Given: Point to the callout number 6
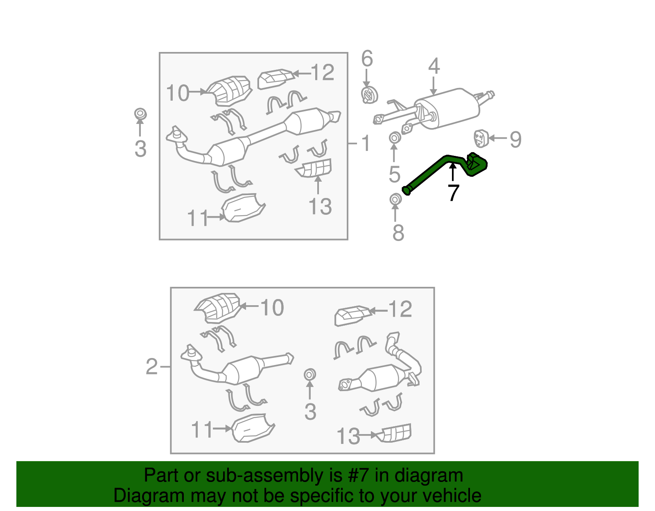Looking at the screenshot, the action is [x=367, y=59].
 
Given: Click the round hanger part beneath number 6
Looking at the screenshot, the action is [x=369, y=95].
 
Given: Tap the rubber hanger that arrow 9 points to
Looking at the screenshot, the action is [x=481, y=139].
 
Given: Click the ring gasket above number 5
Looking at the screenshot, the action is [x=394, y=138].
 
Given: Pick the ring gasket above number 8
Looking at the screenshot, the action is [x=395, y=199].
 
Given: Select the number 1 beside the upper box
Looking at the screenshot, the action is [x=366, y=143].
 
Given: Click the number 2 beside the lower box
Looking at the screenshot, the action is [x=151, y=367].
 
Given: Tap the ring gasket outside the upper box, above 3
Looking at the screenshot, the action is [x=140, y=114].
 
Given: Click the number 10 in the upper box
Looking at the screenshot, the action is [x=178, y=92].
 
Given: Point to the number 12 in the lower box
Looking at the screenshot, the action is [x=400, y=309].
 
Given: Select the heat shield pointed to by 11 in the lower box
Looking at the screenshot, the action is [x=253, y=428].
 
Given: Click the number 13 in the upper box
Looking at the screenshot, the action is [x=320, y=207].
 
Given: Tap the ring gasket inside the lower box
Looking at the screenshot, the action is [x=309, y=375].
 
